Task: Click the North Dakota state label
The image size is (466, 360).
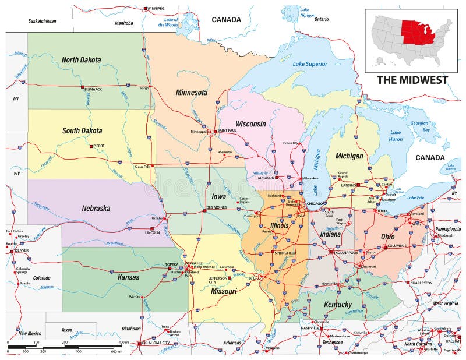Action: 81,59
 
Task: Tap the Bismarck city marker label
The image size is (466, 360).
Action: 93,89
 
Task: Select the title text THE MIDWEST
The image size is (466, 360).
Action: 412,80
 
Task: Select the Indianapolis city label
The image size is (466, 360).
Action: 345,252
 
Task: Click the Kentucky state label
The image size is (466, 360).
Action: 337,304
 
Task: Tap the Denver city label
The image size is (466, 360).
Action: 22,250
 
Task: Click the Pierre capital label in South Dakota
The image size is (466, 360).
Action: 98,146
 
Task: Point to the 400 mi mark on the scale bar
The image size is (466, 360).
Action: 123,342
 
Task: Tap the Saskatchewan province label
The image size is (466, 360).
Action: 42,21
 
